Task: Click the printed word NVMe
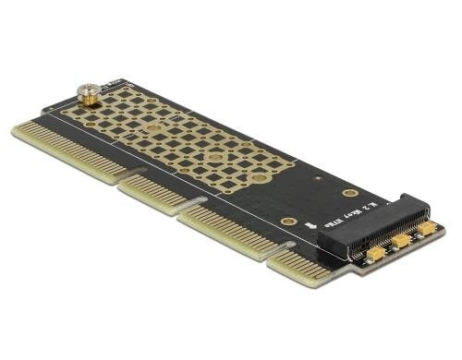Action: (x=348, y=214)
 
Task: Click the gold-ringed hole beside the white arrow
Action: (x=289, y=222)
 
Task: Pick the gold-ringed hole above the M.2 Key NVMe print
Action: (x=350, y=193)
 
